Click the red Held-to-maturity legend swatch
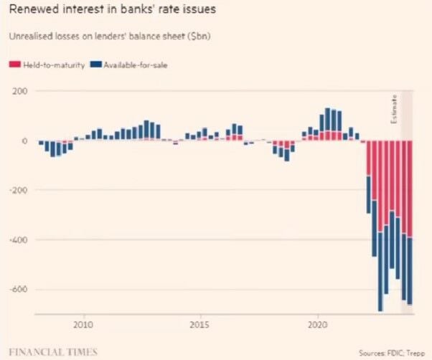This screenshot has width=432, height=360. [13, 65]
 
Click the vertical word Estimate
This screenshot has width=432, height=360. [393, 108]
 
